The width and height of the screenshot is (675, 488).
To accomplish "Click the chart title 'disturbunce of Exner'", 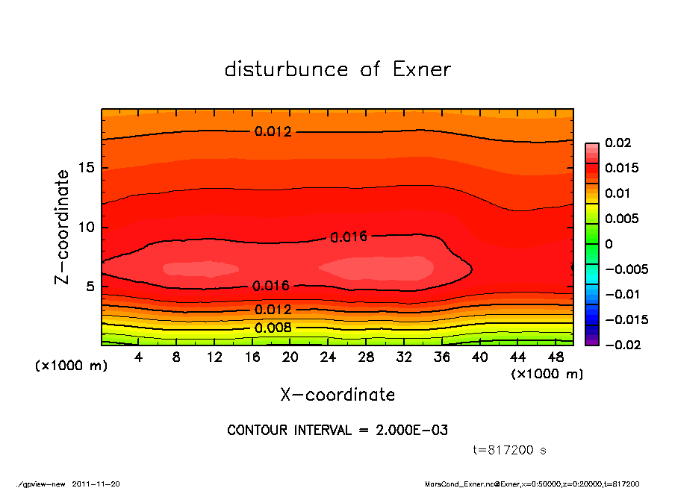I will [x=337, y=69].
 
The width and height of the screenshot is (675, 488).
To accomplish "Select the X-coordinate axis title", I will [x=337, y=395].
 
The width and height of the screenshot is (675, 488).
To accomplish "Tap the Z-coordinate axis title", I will [x=63, y=226].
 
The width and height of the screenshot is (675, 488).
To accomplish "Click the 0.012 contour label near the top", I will [x=273, y=131].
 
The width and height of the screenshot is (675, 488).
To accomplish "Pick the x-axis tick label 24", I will [x=328, y=357].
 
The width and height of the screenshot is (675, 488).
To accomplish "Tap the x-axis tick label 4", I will [x=139, y=357].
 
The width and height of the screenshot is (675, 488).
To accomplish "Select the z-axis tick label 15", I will [x=87, y=168].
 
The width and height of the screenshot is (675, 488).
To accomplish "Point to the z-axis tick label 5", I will [x=90, y=286].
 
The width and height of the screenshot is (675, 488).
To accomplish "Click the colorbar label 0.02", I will [x=618, y=143].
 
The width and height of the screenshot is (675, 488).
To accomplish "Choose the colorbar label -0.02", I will [x=621, y=345].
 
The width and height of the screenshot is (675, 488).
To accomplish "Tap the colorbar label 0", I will [x=609, y=244].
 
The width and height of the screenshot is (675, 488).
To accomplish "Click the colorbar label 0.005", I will [x=621, y=219].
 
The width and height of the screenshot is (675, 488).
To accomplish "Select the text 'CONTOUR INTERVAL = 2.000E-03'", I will [x=337, y=431].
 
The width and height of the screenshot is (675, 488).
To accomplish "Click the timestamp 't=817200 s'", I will [x=510, y=450].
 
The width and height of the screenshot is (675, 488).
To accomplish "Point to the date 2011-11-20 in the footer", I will [x=96, y=484].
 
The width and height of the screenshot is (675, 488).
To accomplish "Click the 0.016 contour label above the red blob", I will [x=349, y=237].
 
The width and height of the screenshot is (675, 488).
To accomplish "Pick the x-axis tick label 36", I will [x=442, y=357].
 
